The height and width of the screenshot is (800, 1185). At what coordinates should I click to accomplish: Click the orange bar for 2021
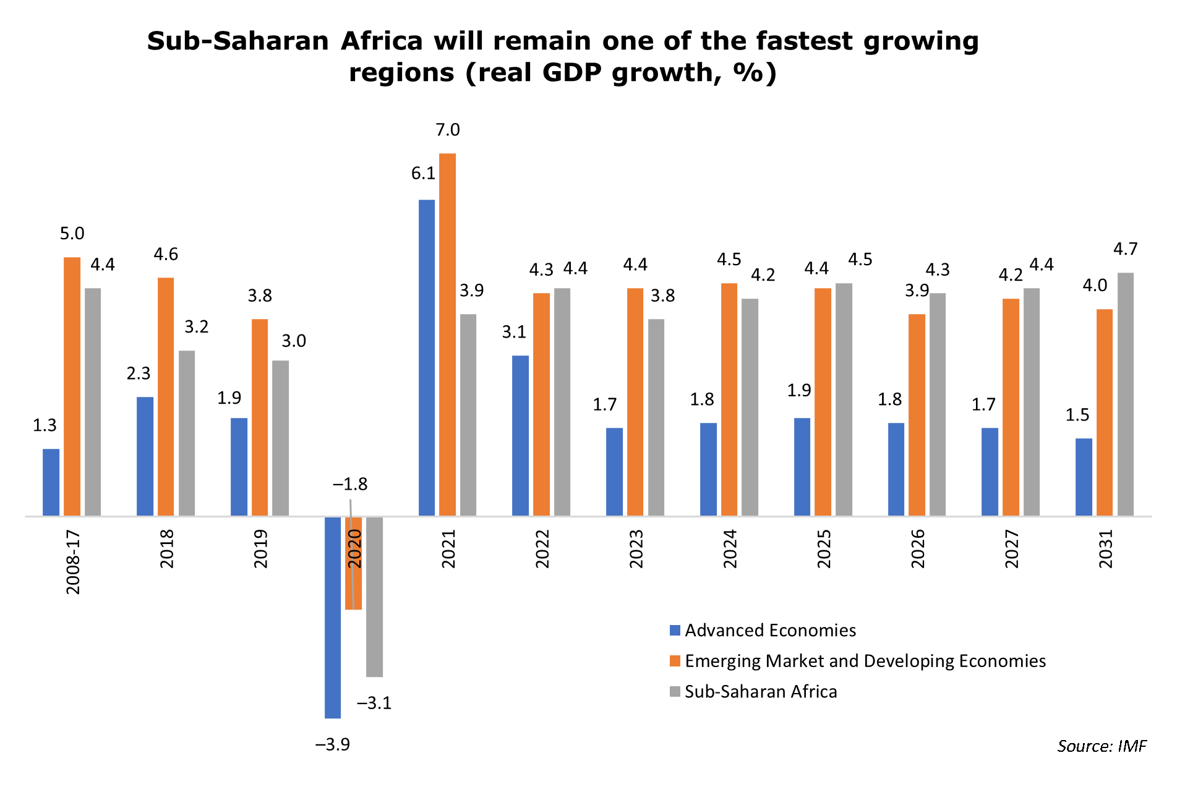coord(447,334)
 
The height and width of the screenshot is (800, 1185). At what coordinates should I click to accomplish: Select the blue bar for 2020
coord(333,617)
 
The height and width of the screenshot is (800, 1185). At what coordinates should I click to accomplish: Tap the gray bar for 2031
coord(1126,394)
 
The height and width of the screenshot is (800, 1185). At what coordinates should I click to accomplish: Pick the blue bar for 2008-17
coord(51,482)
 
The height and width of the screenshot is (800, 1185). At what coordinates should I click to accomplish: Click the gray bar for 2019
coord(281,438)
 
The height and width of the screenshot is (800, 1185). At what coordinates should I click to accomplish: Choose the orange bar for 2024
coord(729,399)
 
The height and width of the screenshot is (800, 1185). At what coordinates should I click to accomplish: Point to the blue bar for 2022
coord(521,436)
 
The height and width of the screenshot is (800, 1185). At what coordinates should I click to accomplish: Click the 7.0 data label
coord(448,130)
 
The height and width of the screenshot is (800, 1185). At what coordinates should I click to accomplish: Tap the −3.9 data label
coord(333,744)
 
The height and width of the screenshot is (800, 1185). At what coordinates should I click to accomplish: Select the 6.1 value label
coord(424,174)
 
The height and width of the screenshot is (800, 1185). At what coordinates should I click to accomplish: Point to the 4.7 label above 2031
coord(1126,249)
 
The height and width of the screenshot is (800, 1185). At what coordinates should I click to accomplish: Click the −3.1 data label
coord(374,703)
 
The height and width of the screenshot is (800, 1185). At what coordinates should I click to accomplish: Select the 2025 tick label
coord(824,549)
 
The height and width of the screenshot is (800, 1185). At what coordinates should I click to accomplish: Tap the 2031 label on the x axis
coord(1106,549)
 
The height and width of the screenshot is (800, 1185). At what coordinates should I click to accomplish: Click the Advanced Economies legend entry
coord(763,631)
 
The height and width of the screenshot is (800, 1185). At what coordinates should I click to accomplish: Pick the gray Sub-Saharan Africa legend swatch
coord(675,691)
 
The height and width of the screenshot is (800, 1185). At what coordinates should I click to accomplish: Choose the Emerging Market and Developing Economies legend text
coord(865,661)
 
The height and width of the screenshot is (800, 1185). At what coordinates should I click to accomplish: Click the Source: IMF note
coord(1102,746)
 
